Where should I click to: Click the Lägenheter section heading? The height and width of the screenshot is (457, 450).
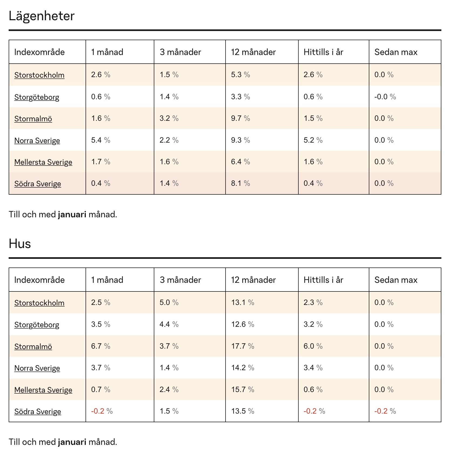pos(42,16)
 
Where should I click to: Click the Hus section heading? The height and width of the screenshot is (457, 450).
pos(20,244)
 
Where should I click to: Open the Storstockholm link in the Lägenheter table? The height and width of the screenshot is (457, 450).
pos(39,75)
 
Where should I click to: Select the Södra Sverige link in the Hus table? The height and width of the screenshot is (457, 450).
pos(37,411)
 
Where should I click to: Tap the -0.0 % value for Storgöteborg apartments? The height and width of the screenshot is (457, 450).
pos(385,97)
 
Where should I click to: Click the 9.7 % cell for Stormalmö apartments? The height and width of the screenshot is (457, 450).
pos(240,118)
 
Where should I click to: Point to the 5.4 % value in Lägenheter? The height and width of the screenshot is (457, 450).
pos(101,140)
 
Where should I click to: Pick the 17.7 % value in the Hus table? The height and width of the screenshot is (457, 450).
pos(243,346)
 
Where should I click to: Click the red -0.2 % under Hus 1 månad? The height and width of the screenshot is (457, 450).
pos(102,411)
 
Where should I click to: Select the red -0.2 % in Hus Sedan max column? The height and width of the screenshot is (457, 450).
pos(385,411)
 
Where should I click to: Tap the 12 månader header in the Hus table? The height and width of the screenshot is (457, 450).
pos(253,280)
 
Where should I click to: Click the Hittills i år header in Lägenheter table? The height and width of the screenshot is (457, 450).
pos(323,52)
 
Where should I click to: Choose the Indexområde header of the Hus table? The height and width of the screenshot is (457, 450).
pos(39,280)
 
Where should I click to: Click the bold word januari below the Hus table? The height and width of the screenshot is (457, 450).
pos(72,442)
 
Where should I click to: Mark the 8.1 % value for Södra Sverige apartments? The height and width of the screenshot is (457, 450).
pos(240,183)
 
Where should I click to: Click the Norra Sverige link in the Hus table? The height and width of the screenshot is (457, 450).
pos(37,368)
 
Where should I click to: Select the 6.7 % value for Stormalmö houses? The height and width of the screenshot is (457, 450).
pos(101,346)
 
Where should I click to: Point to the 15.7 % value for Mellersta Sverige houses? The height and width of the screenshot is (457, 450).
pos(243,390)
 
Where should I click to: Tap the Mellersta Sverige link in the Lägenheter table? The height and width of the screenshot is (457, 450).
pos(43,162)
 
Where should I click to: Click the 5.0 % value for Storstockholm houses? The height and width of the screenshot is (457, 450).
pos(169,303)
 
